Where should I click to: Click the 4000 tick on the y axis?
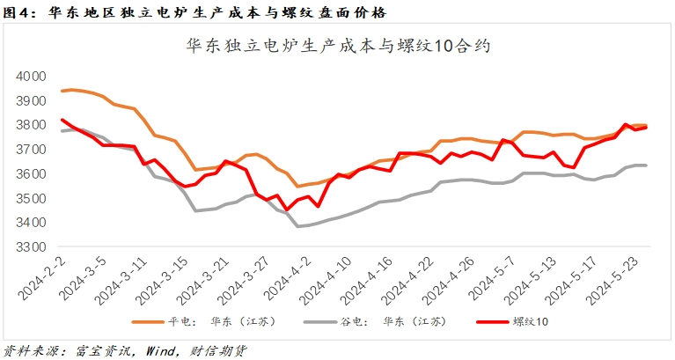(32, 77)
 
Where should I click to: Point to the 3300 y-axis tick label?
(32, 247)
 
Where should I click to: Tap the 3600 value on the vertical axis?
(32, 174)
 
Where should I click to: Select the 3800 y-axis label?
(32, 125)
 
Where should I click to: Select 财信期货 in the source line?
(216, 350)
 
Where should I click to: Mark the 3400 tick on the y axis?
(32, 223)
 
